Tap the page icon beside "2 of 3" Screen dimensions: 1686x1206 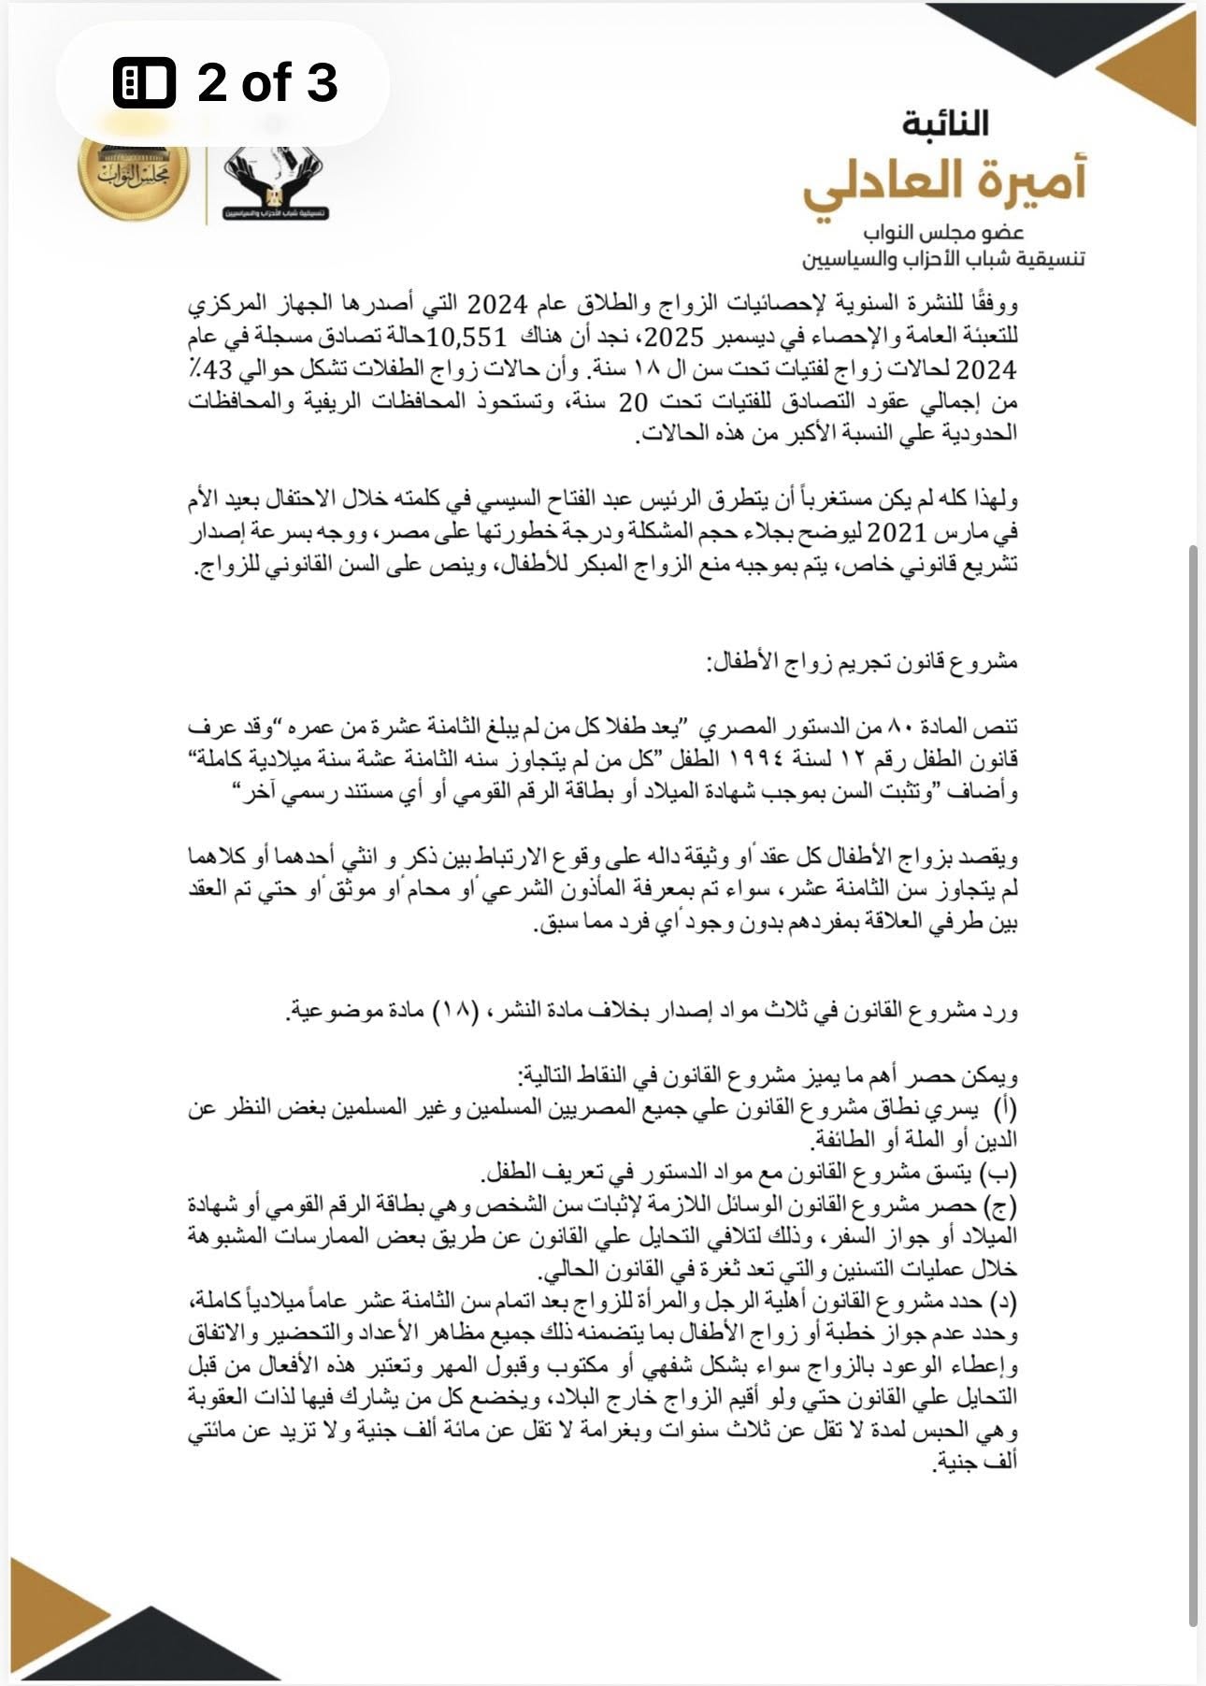coord(144,82)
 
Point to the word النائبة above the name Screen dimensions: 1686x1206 coord(945,122)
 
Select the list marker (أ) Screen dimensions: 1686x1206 coord(1005,1108)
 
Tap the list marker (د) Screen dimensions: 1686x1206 coord(1004,1302)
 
